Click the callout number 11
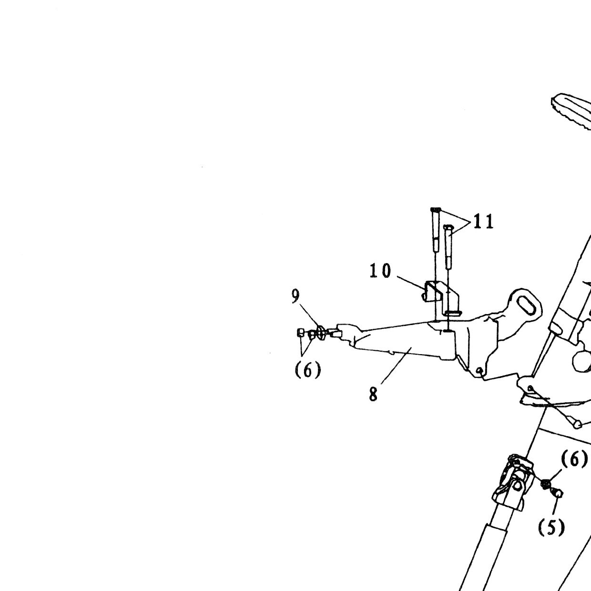pos(483,222)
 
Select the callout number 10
pos(380,271)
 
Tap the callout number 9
pos(295,296)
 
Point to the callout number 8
pos(373,395)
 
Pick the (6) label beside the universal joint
pos(574,459)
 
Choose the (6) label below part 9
pos(308,370)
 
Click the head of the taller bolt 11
pos(436,210)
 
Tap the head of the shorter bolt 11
pos(448,227)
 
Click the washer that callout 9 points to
pos(321,333)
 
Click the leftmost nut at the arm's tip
pos(301,333)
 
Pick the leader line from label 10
pos(411,283)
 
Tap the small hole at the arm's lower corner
pos(479,371)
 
